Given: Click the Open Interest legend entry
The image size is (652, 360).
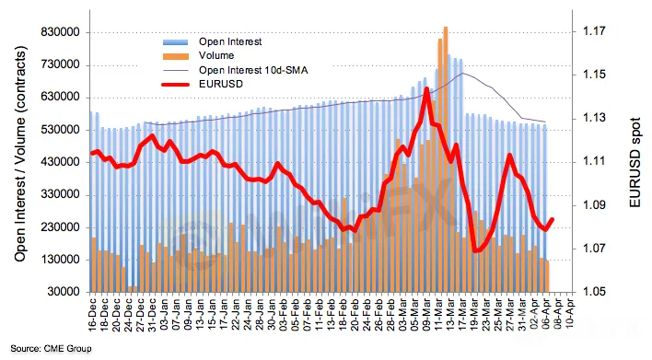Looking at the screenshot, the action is [x=230, y=41].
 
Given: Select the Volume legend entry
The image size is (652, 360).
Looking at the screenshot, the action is [x=216, y=56].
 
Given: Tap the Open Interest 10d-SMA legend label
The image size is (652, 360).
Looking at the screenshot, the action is [x=253, y=70].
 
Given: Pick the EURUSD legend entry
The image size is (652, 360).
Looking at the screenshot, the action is [x=220, y=84].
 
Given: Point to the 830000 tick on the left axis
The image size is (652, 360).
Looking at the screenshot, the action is [x=61, y=32].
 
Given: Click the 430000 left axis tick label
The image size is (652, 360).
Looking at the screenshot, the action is [x=61, y=162].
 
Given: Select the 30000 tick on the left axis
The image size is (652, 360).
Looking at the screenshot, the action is [x=64, y=292].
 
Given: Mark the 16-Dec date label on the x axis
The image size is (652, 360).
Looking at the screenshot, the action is [x=92, y=315].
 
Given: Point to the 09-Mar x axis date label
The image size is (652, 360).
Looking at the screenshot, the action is [x=427, y=315].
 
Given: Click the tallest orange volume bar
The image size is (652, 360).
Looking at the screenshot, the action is [x=446, y=159].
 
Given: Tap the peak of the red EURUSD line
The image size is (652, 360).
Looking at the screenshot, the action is [x=426, y=88].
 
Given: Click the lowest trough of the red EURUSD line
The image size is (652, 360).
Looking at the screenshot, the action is [x=476, y=250].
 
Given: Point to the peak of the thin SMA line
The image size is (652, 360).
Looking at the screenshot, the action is [x=463, y=73].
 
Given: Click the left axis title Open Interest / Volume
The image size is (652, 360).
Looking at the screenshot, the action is [x=20, y=154].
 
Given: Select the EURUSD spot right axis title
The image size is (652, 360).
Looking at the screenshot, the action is [x=635, y=162].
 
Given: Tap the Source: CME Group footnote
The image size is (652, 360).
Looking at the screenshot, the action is [x=51, y=348].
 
